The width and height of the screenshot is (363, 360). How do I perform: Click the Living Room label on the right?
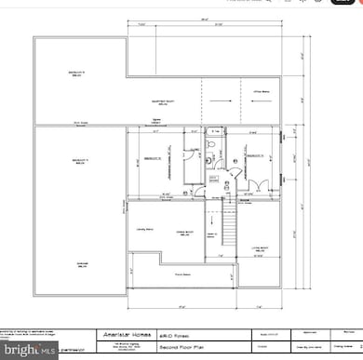260,247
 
